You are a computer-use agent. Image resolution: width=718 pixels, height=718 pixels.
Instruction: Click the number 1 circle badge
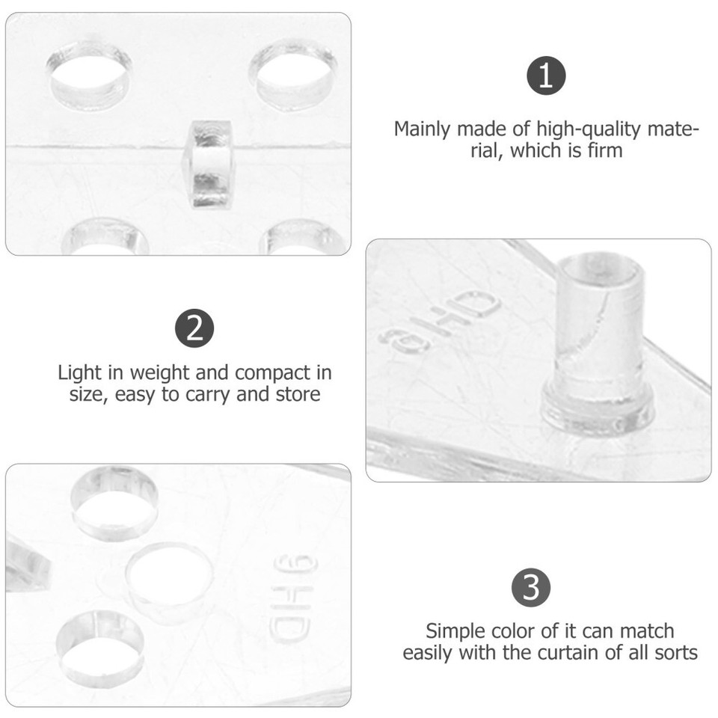546,76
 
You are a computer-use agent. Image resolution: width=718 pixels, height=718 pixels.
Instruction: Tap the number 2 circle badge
194,329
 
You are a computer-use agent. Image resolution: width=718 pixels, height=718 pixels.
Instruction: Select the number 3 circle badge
531,588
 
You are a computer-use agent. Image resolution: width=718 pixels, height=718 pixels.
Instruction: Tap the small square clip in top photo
209,165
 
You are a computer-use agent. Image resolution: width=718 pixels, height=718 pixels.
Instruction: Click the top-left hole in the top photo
90,75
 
